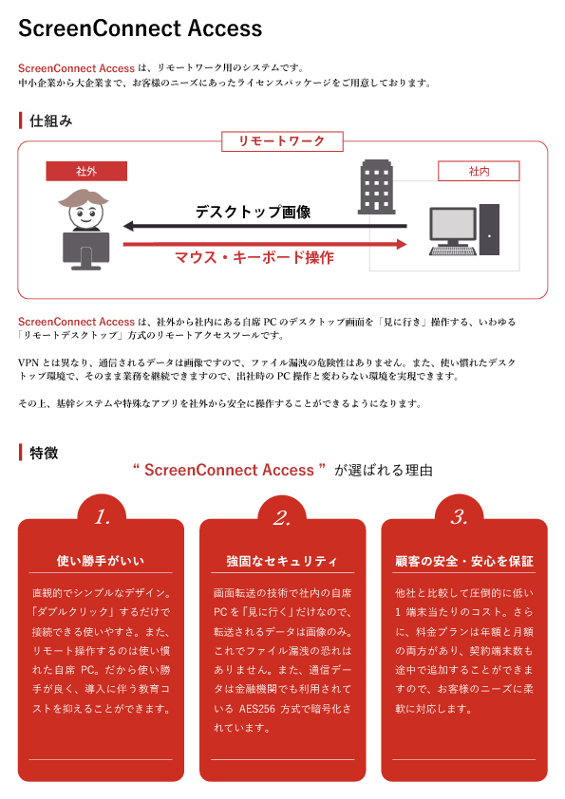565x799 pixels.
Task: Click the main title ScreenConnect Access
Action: click(x=141, y=28)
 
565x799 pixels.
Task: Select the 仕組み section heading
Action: click(x=50, y=121)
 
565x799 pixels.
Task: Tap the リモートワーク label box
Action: click(x=282, y=141)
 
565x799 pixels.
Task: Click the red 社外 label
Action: click(x=86, y=171)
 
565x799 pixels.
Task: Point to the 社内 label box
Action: click(x=479, y=171)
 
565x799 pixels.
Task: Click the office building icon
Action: click(x=376, y=187)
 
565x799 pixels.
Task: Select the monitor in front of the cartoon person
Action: click(x=86, y=251)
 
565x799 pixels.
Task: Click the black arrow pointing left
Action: click(x=265, y=226)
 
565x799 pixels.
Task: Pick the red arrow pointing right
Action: click(x=265, y=244)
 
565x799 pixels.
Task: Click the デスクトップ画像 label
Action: click(x=254, y=212)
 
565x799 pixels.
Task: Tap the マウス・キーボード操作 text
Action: click(x=254, y=257)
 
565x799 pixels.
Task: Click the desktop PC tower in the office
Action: click(x=489, y=230)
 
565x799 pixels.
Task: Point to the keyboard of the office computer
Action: click(x=453, y=251)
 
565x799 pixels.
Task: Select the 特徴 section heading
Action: click(x=44, y=453)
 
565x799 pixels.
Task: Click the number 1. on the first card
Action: click(x=103, y=517)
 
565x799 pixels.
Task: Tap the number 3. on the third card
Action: click(x=459, y=517)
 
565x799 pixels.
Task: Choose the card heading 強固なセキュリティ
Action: click(x=282, y=561)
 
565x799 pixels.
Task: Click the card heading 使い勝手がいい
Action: click(x=101, y=561)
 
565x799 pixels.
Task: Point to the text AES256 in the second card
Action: click(x=257, y=708)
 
